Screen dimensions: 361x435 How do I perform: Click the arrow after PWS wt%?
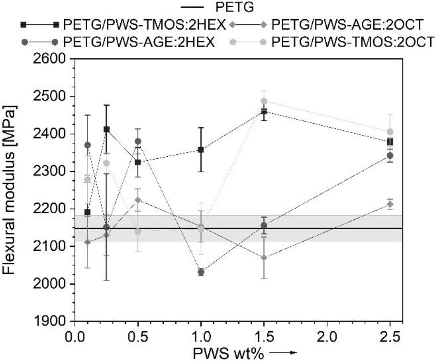pyautogui.click(x=283, y=353)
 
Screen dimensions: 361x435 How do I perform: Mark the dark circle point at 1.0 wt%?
pyautogui.click(x=201, y=272)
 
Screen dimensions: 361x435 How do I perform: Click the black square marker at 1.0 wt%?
pyautogui.click(x=201, y=150)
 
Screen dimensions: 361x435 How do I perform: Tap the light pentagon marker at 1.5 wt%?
pyautogui.click(x=264, y=101)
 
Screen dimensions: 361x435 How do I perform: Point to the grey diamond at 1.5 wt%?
pyautogui.click(x=264, y=257)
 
